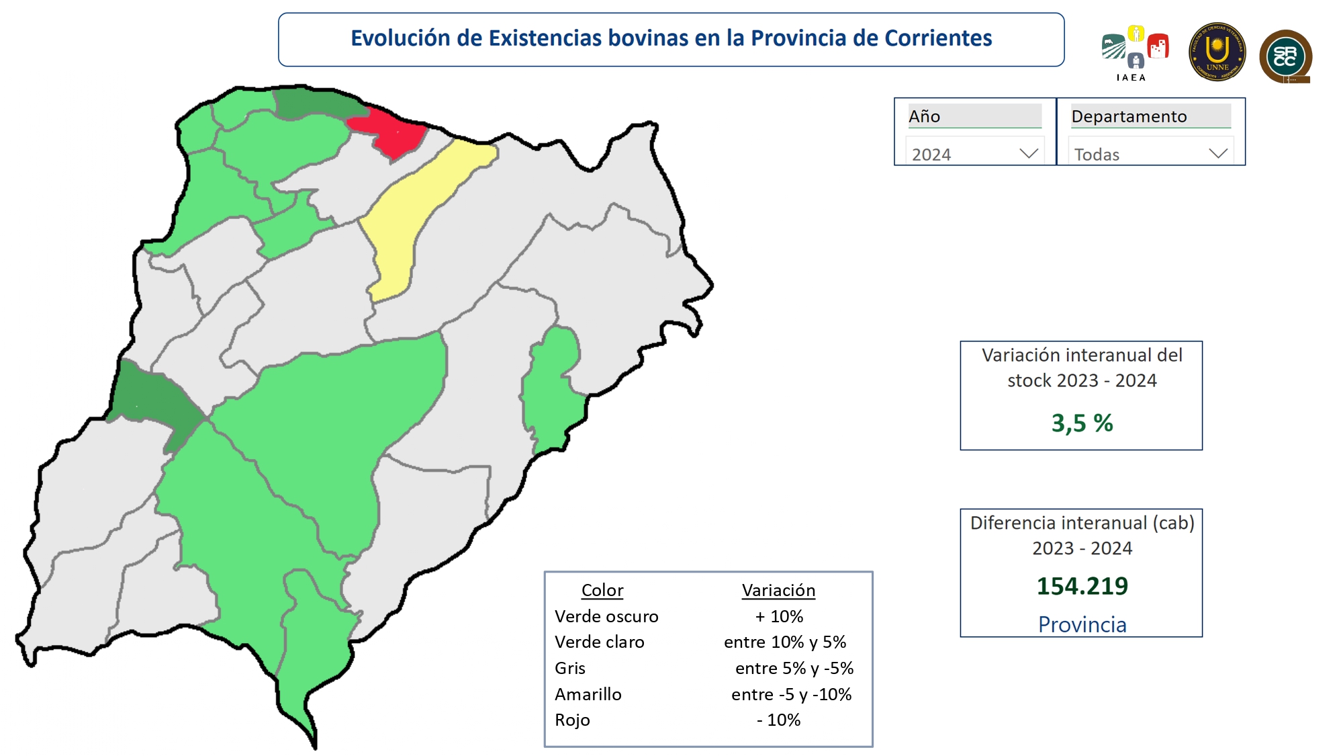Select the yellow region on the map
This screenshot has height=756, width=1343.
click(410, 208)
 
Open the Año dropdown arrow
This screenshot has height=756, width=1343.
click(1028, 154)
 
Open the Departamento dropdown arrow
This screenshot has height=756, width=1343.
click(1217, 154)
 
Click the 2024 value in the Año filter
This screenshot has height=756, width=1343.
click(931, 155)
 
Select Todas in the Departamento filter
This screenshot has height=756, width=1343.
click(1097, 155)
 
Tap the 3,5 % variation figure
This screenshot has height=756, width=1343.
click(1082, 423)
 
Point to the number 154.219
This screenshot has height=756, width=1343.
click(1082, 586)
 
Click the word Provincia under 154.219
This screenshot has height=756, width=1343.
click(1082, 624)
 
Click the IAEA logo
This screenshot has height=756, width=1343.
click(1134, 52)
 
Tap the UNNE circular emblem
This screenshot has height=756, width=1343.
click(1217, 52)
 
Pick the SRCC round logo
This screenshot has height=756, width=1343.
click(1285, 56)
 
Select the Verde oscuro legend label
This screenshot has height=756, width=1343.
click(606, 616)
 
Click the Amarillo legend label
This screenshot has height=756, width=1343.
click(588, 694)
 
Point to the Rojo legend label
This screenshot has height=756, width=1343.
click(572, 720)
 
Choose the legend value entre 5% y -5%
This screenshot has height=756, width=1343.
click(794, 668)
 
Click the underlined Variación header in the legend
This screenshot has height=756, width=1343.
click(778, 590)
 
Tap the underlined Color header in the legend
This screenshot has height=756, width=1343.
click(602, 590)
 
